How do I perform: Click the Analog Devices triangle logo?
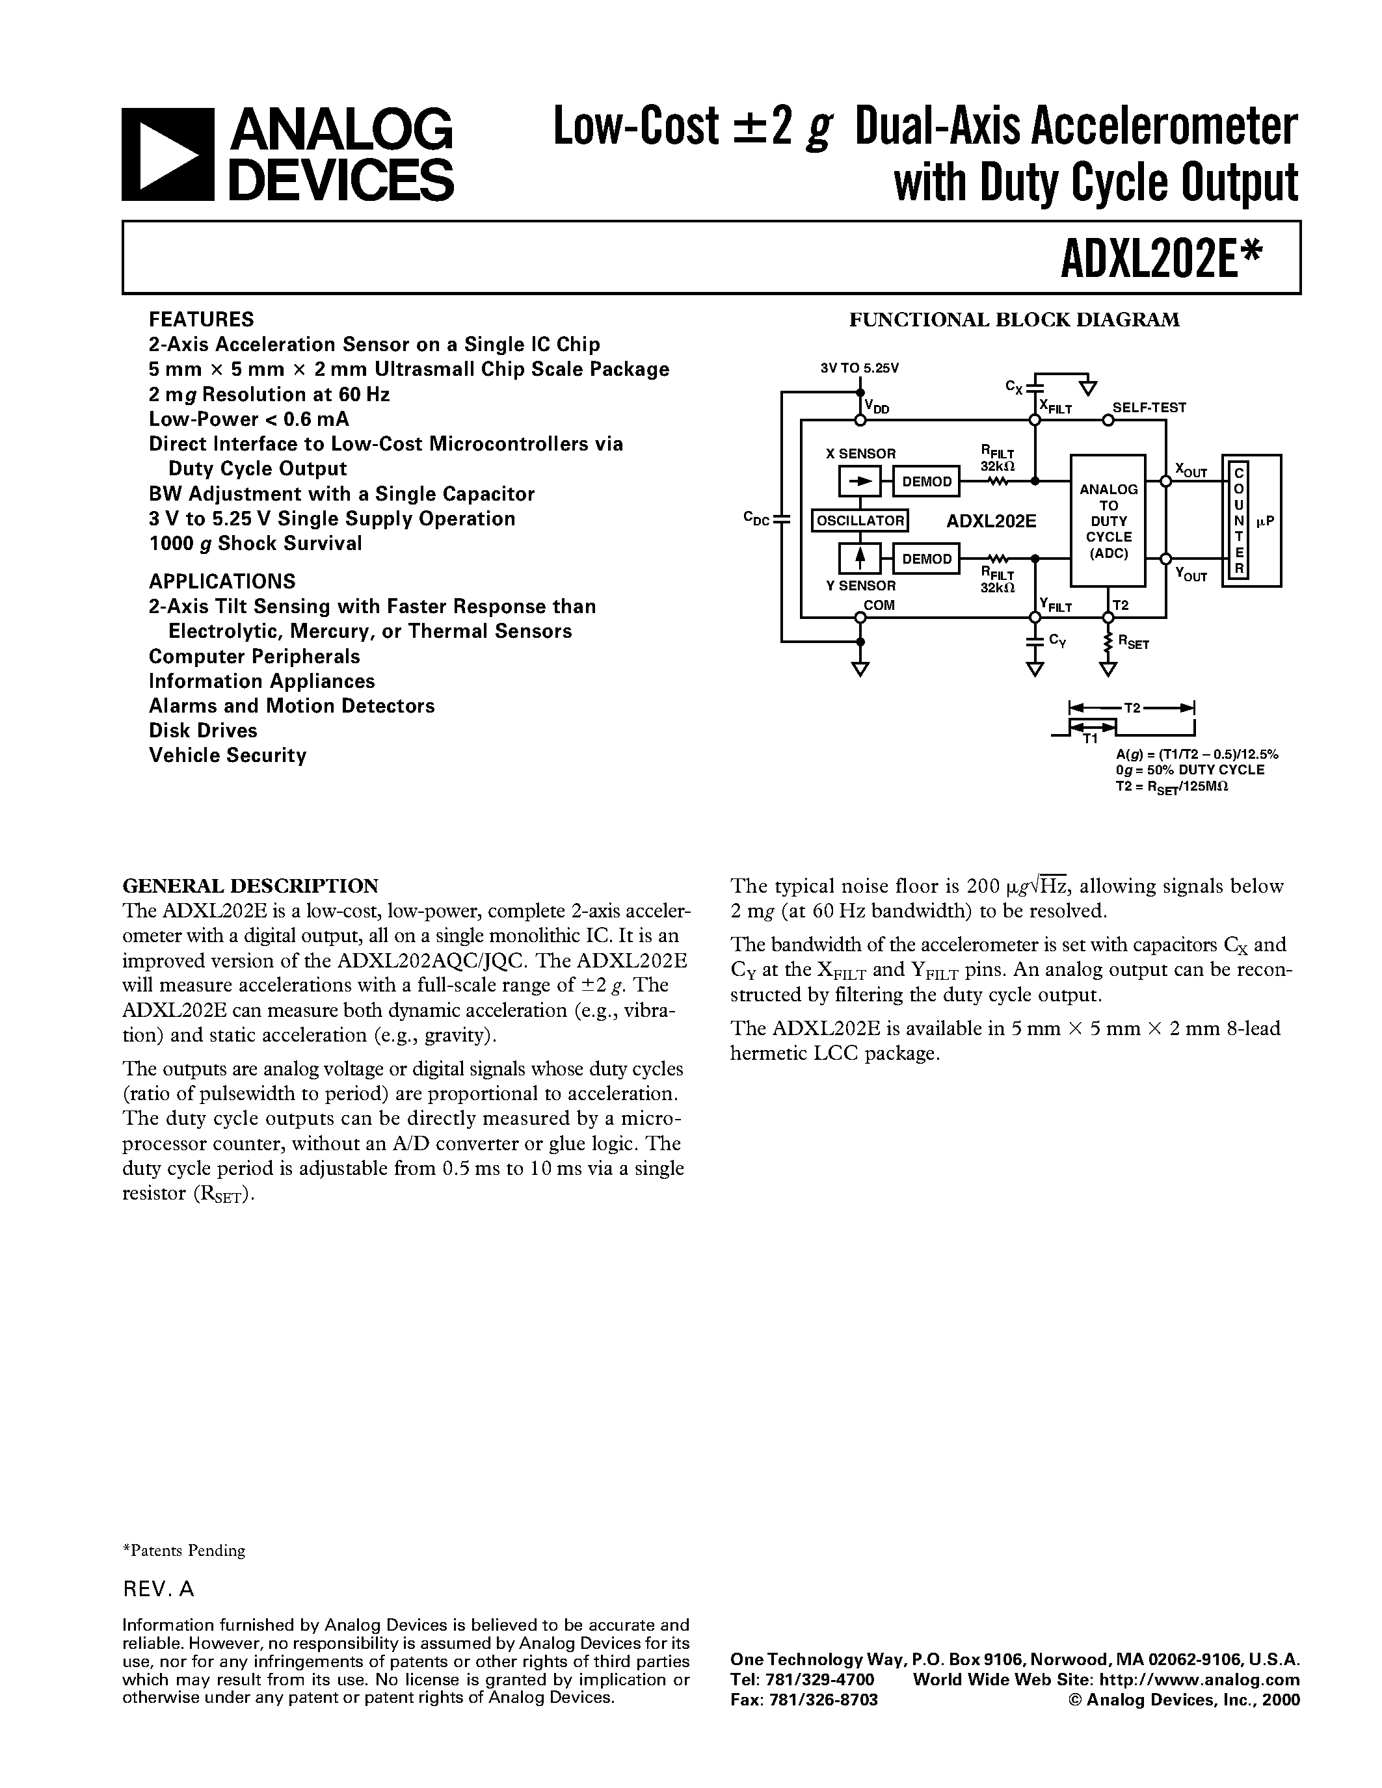coord(168,155)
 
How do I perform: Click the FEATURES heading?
coord(202,319)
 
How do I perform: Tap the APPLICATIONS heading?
coord(222,581)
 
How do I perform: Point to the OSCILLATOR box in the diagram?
coord(860,520)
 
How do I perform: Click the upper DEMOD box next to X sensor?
coord(926,481)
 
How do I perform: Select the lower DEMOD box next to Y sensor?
coord(926,559)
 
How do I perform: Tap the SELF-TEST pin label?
coord(1149,408)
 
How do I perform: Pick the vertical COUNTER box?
coord(1239,521)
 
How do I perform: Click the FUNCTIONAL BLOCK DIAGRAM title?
coord(1014,320)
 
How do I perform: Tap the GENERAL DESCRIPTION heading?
coord(250,886)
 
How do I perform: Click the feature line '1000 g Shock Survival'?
coord(256,544)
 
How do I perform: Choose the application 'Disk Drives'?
coord(203,730)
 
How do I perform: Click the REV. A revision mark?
coord(159,1589)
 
